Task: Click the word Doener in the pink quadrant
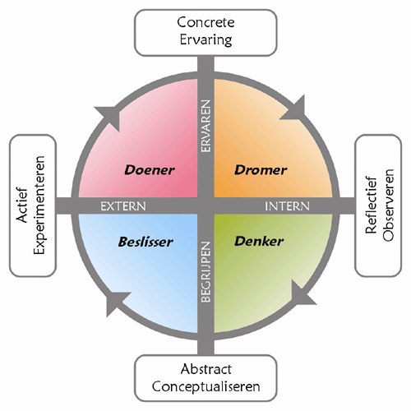pos(150,170)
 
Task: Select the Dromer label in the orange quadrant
pos(261,170)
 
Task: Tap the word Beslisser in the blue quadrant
pos(145,242)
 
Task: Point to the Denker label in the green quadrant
pos(259,241)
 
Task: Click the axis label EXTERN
pos(123,206)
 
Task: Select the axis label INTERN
pos(287,206)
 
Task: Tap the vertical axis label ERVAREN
pos(205,126)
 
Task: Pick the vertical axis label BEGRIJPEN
pos(205,272)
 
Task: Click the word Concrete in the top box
pos(205,22)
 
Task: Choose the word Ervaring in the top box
pos(205,40)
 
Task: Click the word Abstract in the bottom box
pos(205,369)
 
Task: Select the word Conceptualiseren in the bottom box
pos(205,386)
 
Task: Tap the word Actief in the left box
pos(22,205)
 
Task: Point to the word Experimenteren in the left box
pos(39,205)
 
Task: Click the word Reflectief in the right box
pos(372,205)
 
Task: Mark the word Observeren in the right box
pos(388,205)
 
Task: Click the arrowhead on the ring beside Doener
pos(108,118)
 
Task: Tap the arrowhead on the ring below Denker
pos(303,293)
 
